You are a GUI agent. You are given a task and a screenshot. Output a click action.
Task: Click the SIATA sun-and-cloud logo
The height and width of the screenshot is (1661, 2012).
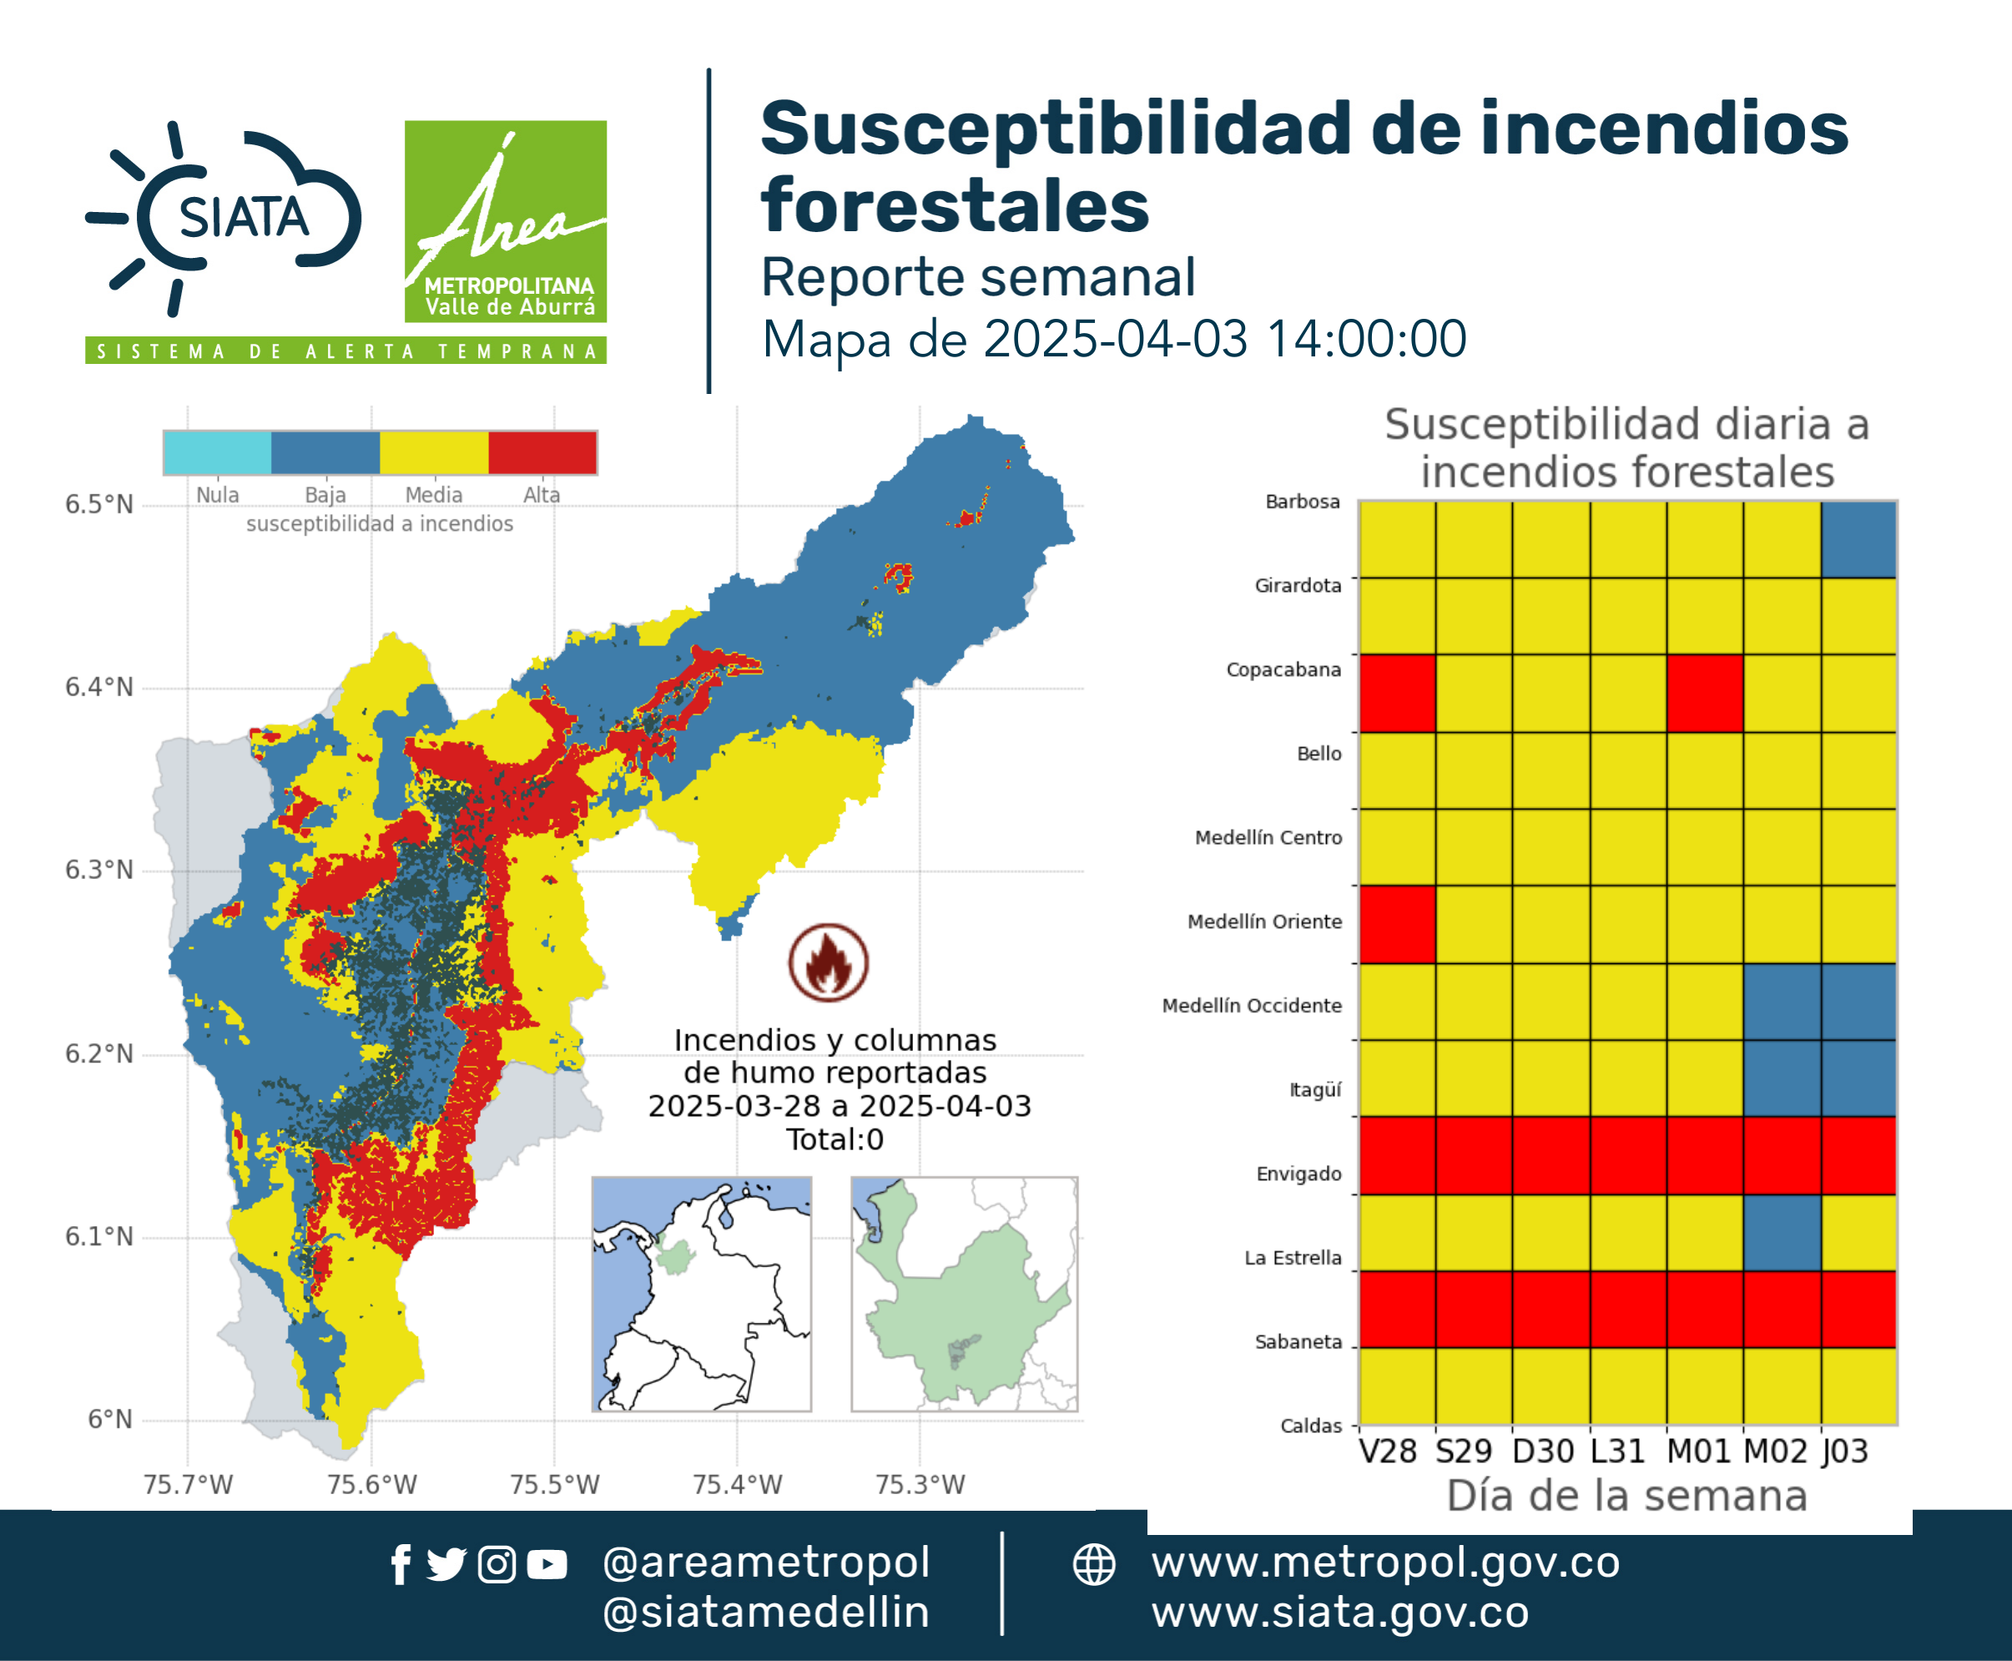224,218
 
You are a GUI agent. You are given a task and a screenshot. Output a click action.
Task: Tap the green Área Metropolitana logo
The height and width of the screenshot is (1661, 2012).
505,221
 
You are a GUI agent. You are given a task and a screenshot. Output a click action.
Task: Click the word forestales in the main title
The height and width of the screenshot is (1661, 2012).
955,205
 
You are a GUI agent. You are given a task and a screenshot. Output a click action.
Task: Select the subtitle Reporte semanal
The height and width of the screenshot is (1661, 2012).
978,277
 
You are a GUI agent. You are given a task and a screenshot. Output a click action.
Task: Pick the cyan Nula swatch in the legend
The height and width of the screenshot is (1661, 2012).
217,452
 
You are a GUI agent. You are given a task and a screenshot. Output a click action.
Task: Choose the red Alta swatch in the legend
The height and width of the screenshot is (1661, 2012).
542,452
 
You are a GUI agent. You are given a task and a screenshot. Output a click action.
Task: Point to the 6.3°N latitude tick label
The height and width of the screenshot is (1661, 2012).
98,870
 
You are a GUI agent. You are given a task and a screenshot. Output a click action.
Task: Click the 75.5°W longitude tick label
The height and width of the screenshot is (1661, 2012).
555,1484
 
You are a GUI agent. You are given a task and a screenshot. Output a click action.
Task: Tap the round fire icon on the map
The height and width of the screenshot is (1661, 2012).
829,962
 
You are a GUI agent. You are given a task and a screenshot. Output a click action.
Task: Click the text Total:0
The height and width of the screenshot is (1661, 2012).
835,1139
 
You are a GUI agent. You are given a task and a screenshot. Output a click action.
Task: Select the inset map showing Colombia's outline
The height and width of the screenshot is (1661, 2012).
701,1294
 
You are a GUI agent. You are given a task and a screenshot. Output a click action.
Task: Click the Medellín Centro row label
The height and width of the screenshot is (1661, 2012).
1268,837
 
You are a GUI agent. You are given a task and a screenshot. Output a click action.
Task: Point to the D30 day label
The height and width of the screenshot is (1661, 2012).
1543,1451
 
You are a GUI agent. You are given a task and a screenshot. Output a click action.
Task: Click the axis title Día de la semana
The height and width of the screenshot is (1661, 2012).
1626,1496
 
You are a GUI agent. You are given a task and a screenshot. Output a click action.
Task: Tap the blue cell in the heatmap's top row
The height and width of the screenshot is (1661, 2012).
1859,540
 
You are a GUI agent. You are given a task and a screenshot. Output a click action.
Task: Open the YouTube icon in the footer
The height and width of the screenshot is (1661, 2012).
547,1564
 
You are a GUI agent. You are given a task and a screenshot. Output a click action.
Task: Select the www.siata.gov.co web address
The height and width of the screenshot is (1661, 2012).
1340,1613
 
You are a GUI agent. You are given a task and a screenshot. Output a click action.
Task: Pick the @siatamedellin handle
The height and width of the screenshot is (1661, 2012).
766,1613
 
